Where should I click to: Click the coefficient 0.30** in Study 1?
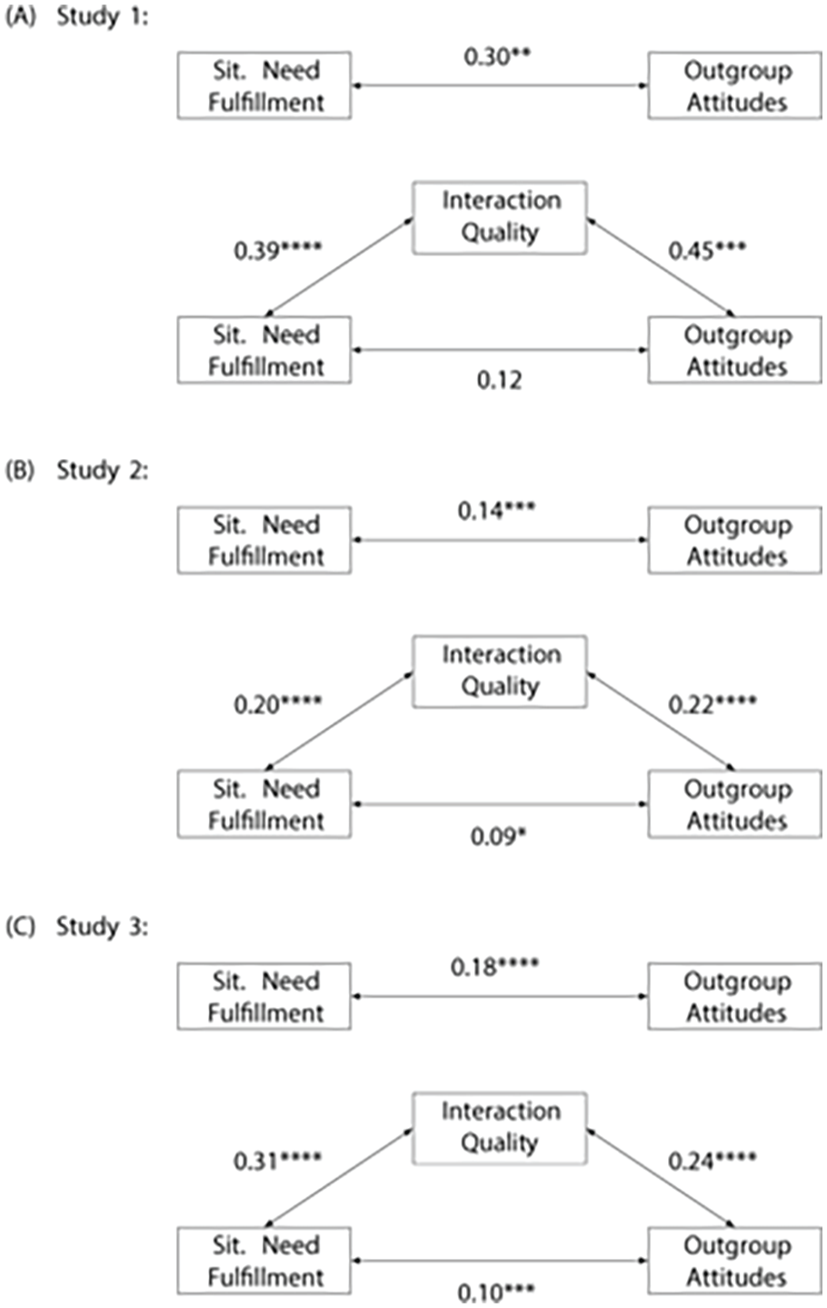point(497,57)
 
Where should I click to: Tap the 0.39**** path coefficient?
point(278,251)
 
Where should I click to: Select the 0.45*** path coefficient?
point(707,251)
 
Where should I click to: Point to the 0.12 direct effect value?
point(499,380)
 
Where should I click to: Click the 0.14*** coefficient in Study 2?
point(496,511)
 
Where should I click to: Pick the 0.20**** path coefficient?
point(278,704)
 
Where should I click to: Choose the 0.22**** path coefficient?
point(712,704)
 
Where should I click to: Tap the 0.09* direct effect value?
point(498,837)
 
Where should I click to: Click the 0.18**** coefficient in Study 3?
point(494,967)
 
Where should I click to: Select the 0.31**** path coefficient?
point(278,1161)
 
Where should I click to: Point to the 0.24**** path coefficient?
point(712,1161)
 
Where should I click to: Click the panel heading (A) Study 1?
point(77,17)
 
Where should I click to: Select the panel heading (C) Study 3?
point(77,927)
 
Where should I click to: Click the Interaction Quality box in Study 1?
point(500,218)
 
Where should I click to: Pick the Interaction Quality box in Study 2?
point(500,672)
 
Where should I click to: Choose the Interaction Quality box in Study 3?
point(500,1128)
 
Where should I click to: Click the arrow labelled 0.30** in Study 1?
point(500,85)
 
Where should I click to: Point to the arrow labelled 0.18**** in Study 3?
point(500,996)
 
